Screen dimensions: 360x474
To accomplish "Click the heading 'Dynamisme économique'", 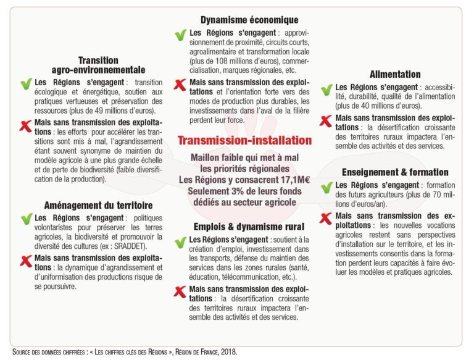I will [249, 20].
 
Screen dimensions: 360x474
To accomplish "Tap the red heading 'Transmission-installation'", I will [244, 141].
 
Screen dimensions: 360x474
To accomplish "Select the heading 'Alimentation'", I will [395, 75].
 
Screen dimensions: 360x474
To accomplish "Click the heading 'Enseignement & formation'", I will [395, 172].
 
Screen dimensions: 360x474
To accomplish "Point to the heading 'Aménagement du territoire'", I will [99, 205].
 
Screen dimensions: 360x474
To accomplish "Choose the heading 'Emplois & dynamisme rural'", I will [245, 227].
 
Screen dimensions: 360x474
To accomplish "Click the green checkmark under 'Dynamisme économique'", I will [180, 35].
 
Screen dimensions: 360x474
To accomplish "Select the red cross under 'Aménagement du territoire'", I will [26, 260].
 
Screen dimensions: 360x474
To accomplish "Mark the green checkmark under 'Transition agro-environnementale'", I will [26, 83].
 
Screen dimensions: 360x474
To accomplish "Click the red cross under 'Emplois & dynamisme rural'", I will [180, 291].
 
